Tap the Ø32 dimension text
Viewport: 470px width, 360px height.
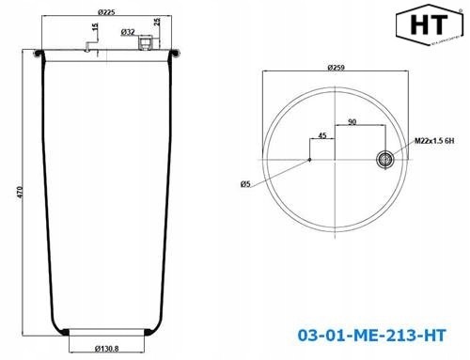[128, 32]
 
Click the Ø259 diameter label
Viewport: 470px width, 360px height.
[337, 67]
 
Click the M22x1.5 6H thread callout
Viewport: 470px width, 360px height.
[434, 141]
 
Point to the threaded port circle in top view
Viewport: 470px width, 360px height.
[386, 161]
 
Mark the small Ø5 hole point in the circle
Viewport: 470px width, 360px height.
[310, 161]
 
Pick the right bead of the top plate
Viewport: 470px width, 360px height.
[173, 55]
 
